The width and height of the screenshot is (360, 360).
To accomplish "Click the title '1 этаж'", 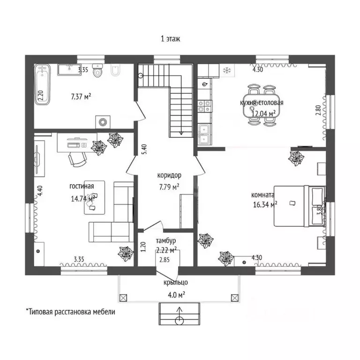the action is (170, 39).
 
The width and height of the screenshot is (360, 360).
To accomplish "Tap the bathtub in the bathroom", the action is (42, 84).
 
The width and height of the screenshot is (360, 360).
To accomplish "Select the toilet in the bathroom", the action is (97, 70).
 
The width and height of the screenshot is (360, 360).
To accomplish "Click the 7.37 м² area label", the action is (81, 97).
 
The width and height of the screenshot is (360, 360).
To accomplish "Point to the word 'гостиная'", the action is (82, 186).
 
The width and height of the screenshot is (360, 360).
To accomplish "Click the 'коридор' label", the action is (169, 175).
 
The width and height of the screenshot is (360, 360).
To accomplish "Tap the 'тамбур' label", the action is (166, 241).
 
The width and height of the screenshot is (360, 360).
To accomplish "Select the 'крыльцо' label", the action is (176, 282).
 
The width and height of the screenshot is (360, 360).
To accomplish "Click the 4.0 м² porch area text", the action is (176, 295).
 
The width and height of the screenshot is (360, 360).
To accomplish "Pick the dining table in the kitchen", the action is (262, 105).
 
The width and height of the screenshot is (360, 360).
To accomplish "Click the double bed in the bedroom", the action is (300, 206).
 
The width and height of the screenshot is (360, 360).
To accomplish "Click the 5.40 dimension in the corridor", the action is (144, 149).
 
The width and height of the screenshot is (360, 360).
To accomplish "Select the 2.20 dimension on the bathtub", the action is (41, 95).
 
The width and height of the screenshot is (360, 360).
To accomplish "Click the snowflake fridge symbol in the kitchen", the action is (227, 70).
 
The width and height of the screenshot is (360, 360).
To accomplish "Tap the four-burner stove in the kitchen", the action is (204, 106).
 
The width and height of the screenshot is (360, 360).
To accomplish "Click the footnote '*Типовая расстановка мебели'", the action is (70, 312).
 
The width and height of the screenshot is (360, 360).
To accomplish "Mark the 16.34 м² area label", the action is (265, 204).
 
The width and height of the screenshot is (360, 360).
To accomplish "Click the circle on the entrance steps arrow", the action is (180, 321).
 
